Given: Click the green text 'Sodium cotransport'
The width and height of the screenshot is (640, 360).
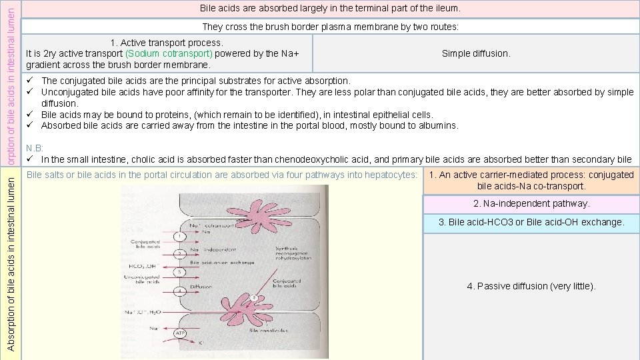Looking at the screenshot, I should pyautogui.click(x=169, y=53).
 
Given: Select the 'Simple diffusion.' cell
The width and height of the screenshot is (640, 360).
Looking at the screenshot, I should pyautogui.click(x=475, y=53).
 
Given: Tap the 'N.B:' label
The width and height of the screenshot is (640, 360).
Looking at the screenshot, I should pyautogui.click(x=34, y=148).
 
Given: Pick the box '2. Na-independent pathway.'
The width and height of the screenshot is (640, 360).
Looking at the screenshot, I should pyautogui.click(x=531, y=204).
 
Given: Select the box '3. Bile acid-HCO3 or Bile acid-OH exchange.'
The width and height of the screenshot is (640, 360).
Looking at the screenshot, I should pyautogui.click(x=531, y=223).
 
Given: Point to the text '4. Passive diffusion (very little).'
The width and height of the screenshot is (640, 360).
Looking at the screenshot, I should pyautogui.click(x=531, y=286).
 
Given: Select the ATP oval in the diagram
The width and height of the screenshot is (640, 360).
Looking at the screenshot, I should pyautogui.click(x=180, y=333).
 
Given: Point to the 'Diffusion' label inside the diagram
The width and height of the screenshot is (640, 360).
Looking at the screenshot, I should pyautogui.click(x=201, y=287).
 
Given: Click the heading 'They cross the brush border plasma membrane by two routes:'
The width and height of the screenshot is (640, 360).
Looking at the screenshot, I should pyautogui.click(x=330, y=27).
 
